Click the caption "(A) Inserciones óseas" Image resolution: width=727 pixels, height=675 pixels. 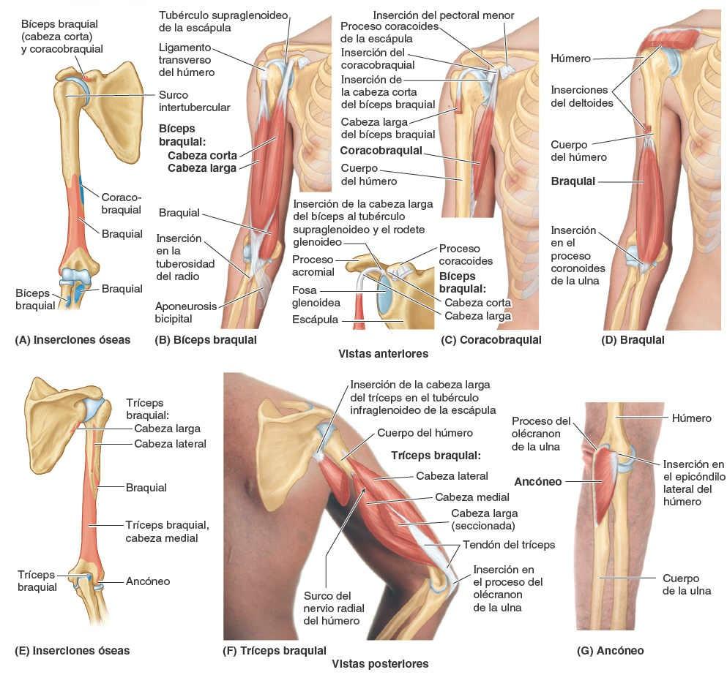[72, 339]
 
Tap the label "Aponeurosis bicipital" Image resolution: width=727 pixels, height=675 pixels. [186, 312]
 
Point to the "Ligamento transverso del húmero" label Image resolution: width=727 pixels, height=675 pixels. [186, 59]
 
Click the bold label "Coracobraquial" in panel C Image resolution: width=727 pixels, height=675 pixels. [381, 150]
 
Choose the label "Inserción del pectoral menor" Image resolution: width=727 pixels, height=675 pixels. [443, 15]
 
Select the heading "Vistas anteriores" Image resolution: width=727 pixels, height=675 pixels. [383, 353]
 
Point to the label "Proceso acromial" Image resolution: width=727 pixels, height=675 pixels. [313, 265]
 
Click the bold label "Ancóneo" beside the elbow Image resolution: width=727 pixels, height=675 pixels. [538, 481]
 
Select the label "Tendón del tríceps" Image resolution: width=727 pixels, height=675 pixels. [509, 544]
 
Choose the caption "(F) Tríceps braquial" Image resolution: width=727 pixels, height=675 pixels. [275, 649]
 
